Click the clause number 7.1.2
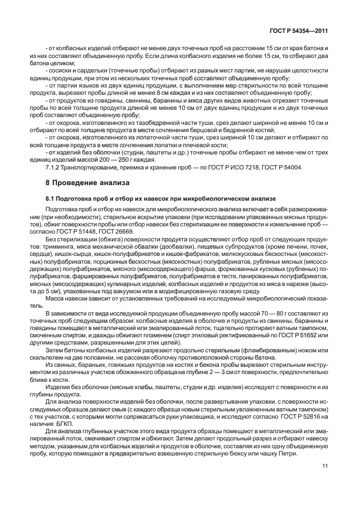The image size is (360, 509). click(53, 169)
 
